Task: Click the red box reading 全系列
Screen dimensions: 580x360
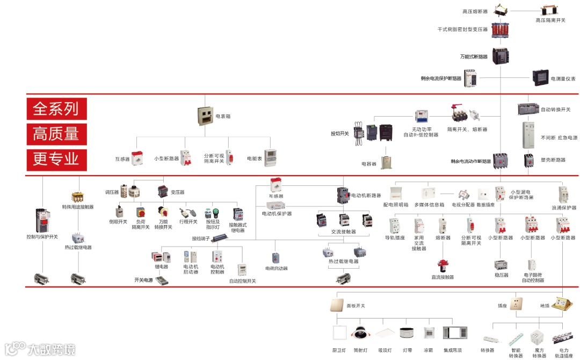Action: tap(56, 109)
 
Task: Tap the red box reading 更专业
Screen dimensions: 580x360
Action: tap(56, 158)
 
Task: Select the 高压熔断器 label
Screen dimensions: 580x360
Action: tap(475, 11)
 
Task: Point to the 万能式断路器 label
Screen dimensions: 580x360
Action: tap(474, 56)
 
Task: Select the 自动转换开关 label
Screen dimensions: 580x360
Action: tap(555, 110)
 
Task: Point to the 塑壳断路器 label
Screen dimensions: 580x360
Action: tap(553, 160)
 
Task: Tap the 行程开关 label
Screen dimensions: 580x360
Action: tap(189, 221)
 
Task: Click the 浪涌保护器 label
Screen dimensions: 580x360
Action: tap(563, 208)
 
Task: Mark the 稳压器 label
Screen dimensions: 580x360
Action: tap(501, 275)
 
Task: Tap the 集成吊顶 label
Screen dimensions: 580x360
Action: tap(452, 350)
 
